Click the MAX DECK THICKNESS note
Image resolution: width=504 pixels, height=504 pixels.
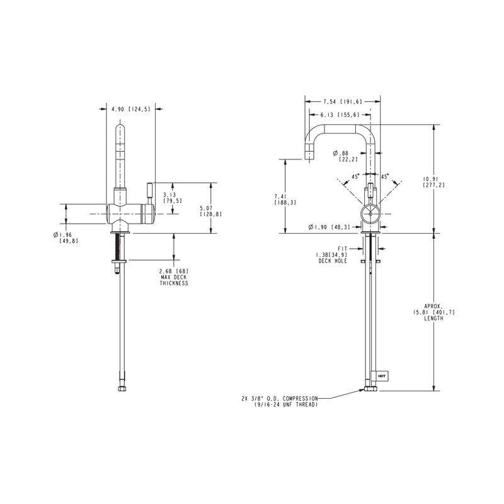[x=173, y=277]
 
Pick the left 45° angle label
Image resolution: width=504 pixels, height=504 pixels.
[x=355, y=177]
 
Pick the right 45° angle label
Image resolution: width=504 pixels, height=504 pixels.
[x=385, y=177]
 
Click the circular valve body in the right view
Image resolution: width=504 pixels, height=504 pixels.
[x=370, y=214]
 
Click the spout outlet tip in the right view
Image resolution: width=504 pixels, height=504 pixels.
[x=309, y=154]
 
